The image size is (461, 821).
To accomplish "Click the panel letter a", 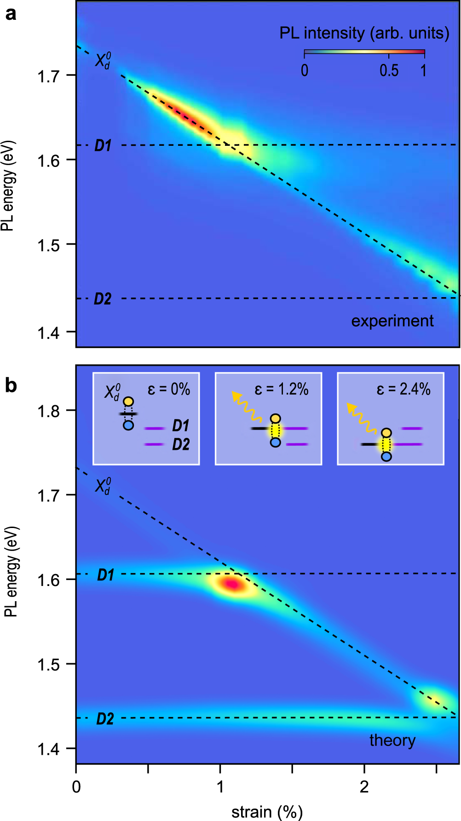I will pyautogui.click(x=11, y=14).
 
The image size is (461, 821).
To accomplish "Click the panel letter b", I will pyautogui.click(x=11, y=385).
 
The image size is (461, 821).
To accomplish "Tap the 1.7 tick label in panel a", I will pyautogui.click(x=48, y=76).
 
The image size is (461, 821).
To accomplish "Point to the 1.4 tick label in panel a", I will pyautogui.click(x=48, y=333).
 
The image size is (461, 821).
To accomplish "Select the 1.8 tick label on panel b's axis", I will pyautogui.click(x=48, y=411).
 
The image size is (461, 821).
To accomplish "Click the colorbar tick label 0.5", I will pyautogui.click(x=389, y=70).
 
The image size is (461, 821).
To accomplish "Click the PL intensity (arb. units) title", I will pyautogui.click(x=364, y=33).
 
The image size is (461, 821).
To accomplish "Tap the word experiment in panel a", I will pyautogui.click(x=392, y=321).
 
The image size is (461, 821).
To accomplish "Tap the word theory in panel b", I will pyautogui.click(x=392, y=740).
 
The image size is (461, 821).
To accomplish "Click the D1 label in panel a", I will pyautogui.click(x=103, y=146).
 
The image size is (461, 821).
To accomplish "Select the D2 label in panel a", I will pyautogui.click(x=103, y=299).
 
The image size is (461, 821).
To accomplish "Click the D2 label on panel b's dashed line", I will pyautogui.click(x=105, y=718).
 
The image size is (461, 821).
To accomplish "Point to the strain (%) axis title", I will pyautogui.click(x=267, y=812).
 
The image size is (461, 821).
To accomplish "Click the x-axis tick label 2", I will pyautogui.click(x=364, y=787).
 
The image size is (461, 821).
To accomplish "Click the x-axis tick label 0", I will pyautogui.click(x=76, y=787).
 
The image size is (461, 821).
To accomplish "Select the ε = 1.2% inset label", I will pyautogui.click(x=281, y=390).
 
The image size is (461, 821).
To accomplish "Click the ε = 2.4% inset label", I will pyautogui.click(x=403, y=390).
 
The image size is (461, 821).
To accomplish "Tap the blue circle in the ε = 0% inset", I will pyautogui.click(x=128, y=425).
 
